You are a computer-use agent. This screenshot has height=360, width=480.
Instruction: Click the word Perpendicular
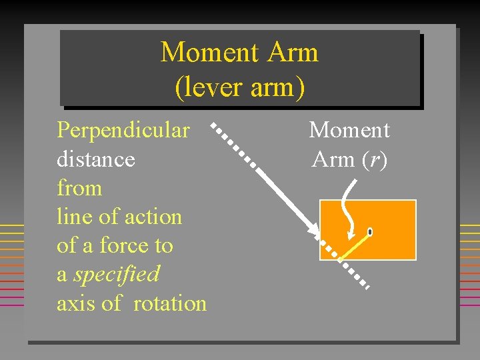point(123,130)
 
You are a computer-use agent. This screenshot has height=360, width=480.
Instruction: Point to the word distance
point(96,159)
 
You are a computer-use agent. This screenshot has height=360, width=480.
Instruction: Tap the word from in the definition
point(79,188)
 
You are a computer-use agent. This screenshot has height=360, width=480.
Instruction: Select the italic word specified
point(117,274)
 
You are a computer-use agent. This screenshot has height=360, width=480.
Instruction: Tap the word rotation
point(170,303)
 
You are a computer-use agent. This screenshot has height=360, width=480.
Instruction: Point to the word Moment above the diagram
point(349,130)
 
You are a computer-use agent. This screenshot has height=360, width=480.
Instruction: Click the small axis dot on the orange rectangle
point(369,232)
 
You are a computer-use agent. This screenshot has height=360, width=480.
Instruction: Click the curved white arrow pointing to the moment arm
point(347,207)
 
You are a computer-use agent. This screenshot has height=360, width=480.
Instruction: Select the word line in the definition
point(71,217)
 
